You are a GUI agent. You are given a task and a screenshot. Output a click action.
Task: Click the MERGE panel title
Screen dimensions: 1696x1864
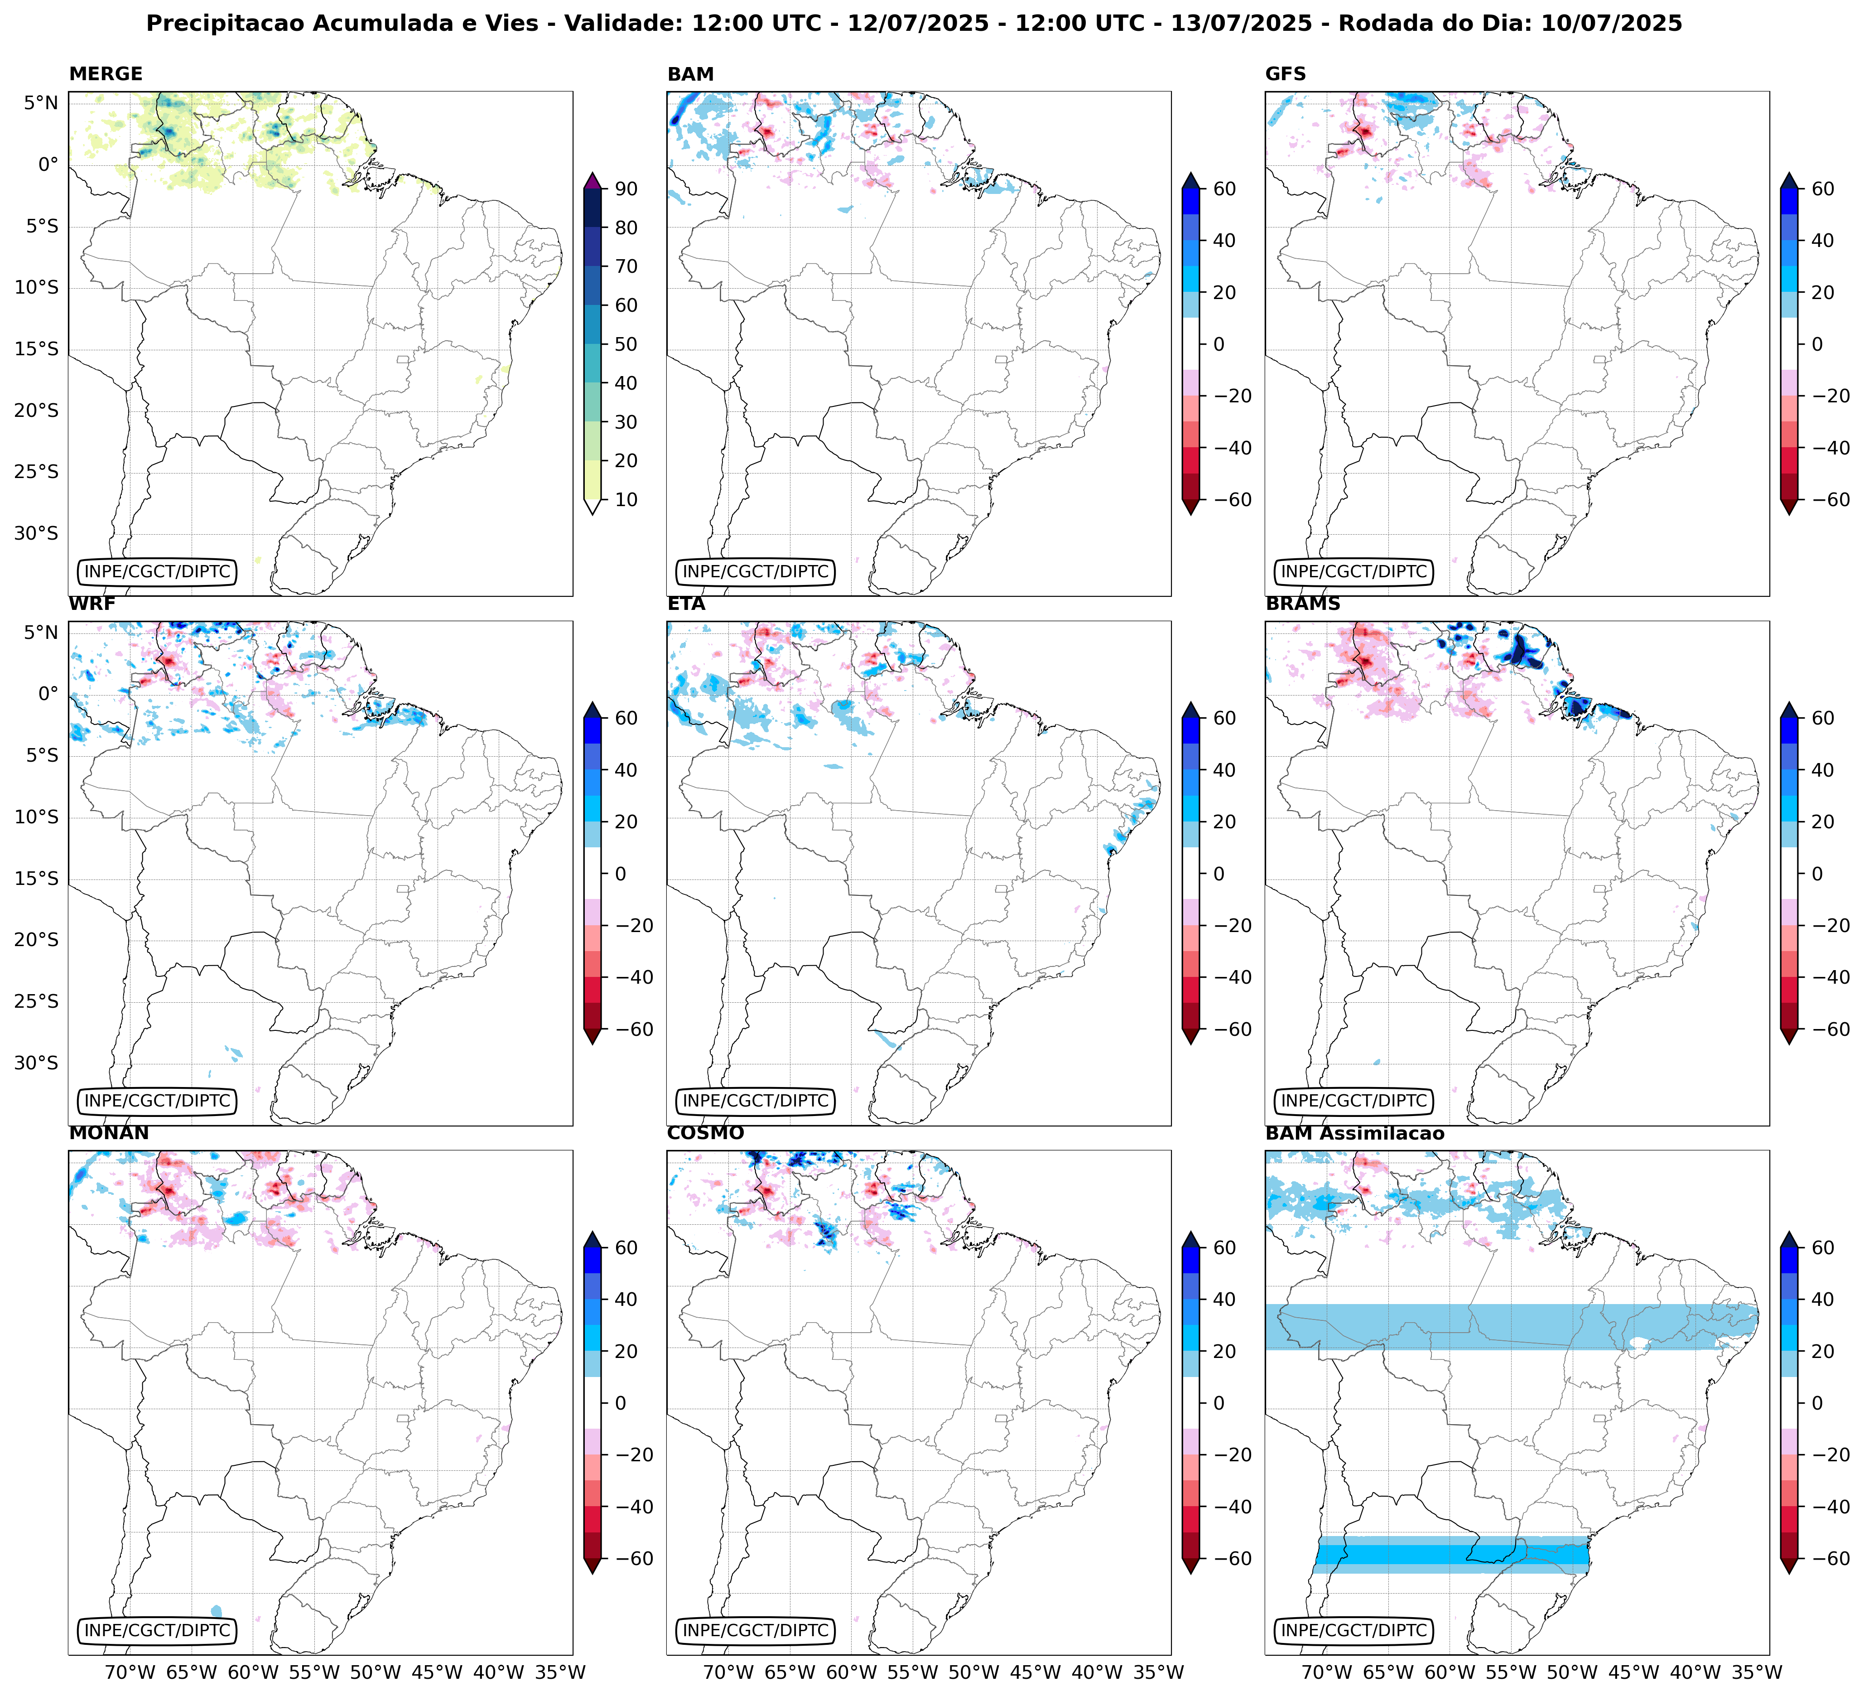tap(106, 74)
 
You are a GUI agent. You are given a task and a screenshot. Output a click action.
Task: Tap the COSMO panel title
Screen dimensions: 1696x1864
tap(704, 1134)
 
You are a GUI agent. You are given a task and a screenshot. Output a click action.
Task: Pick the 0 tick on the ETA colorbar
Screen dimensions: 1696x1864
tap(1218, 874)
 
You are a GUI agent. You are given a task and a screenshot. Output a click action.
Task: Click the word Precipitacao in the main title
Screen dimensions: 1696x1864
tap(226, 23)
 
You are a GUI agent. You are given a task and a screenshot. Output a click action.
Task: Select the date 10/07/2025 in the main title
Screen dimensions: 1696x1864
tap(1611, 23)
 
